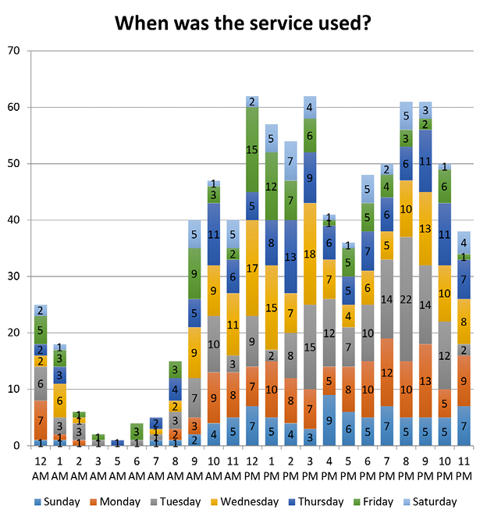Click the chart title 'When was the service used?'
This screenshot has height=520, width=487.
(243, 23)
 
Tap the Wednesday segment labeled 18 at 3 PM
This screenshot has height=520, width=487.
(310, 254)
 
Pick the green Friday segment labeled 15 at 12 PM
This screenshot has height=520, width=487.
(252, 149)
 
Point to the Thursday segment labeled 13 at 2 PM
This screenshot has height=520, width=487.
(290, 257)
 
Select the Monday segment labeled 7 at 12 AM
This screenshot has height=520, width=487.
(41, 421)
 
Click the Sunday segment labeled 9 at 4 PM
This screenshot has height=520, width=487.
(329, 420)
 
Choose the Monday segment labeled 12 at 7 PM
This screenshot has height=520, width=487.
(387, 372)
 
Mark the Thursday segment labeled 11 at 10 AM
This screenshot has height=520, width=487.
(214, 234)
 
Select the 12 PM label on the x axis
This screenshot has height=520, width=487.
(252, 466)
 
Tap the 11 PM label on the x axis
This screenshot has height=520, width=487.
(464, 466)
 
